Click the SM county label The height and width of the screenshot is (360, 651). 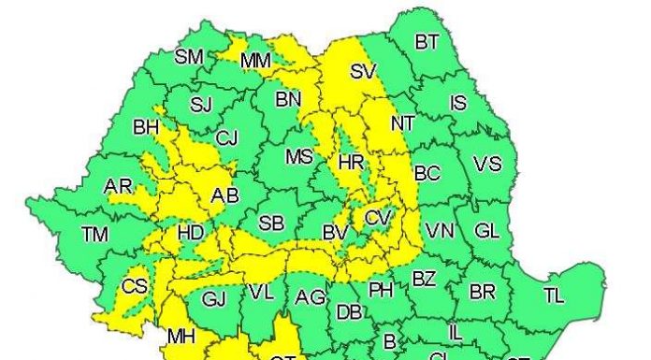[x=189, y=57]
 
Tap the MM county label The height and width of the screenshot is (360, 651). [x=255, y=62]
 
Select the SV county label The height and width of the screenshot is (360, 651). [x=362, y=71]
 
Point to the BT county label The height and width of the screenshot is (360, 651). [x=427, y=42]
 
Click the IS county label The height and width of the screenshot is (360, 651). [x=458, y=103]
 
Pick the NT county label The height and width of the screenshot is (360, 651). [x=402, y=122]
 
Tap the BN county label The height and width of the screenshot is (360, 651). [x=289, y=97]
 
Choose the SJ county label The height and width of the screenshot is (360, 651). [x=201, y=104]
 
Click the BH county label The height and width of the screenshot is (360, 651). [x=146, y=126]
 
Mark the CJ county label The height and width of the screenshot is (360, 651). [x=226, y=138]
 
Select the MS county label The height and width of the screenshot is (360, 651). [x=299, y=156]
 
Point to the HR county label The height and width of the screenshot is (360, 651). [x=351, y=163]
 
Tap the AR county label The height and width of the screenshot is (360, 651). [x=119, y=187]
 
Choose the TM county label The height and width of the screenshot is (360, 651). [x=95, y=235]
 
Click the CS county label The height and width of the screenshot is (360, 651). [x=136, y=285]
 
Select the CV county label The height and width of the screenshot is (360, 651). [x=378, y=218]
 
